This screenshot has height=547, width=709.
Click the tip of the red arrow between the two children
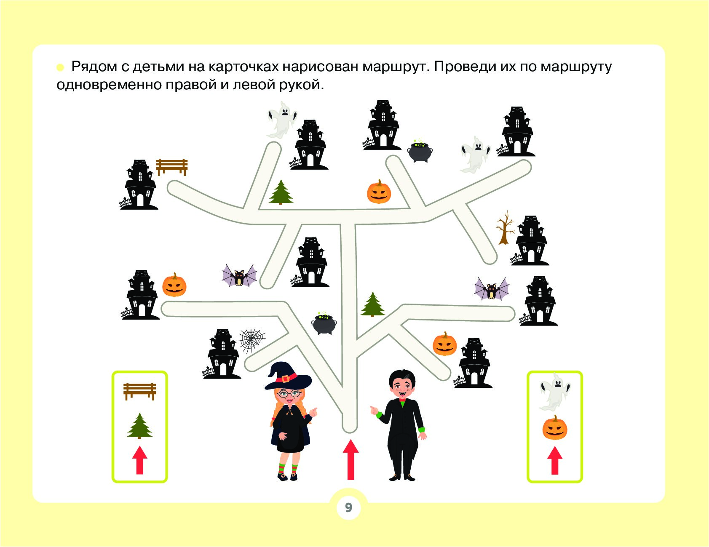click(x=350, y=440)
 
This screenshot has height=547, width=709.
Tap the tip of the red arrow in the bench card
click(x=140, y=447)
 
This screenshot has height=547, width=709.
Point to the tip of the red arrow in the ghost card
click(x=555, y=447)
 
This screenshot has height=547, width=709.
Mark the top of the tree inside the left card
click(x=139, y=414)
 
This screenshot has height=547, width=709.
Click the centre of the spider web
click(x=252, y=340)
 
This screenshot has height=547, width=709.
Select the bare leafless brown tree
click(x=505, y=228)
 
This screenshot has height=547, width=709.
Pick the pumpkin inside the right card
click(x=555, y=428)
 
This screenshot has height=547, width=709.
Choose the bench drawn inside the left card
click(x=140, y=391)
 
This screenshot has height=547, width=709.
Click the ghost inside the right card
click(x=554, y=392)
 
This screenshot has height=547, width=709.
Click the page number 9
click(x=348, y=507)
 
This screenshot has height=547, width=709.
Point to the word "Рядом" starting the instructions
click(x=94, y=67)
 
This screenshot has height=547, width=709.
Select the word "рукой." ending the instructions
click(x=301, y=85)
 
